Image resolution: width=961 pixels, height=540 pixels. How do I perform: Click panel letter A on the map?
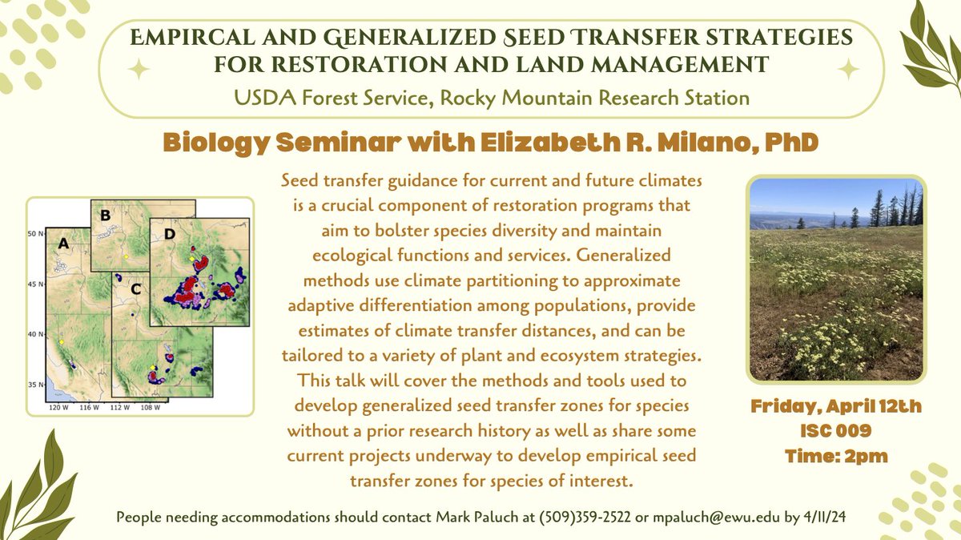pos(61,241)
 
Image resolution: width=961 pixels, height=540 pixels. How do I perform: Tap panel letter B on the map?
pos(104,214)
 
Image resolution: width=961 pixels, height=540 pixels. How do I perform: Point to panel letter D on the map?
pos(168,235)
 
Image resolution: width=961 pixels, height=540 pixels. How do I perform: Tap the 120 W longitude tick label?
pos(59,408)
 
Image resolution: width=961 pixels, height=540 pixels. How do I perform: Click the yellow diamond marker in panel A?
pos(61,341)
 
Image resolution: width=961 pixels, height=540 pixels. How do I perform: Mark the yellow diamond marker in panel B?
pos(126,256)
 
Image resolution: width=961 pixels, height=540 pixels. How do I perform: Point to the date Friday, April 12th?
pos(836,407)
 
